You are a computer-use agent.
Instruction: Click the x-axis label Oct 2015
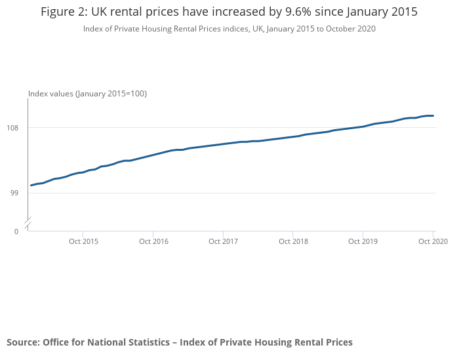83,242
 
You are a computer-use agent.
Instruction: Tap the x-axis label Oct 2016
153,242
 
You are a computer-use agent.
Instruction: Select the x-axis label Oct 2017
223,242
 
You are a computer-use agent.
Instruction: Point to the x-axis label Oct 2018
293,242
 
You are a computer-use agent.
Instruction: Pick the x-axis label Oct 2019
363,242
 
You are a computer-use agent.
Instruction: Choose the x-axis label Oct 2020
433,242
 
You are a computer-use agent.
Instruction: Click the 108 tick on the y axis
18,127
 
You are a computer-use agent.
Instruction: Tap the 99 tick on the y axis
20,193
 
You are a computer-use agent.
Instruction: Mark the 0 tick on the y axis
16,231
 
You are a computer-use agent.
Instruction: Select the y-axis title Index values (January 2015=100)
87,94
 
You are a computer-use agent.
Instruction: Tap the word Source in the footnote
22,342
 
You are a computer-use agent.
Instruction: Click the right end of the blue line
433,116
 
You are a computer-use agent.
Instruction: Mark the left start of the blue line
31,186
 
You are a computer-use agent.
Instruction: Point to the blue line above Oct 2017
223,144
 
